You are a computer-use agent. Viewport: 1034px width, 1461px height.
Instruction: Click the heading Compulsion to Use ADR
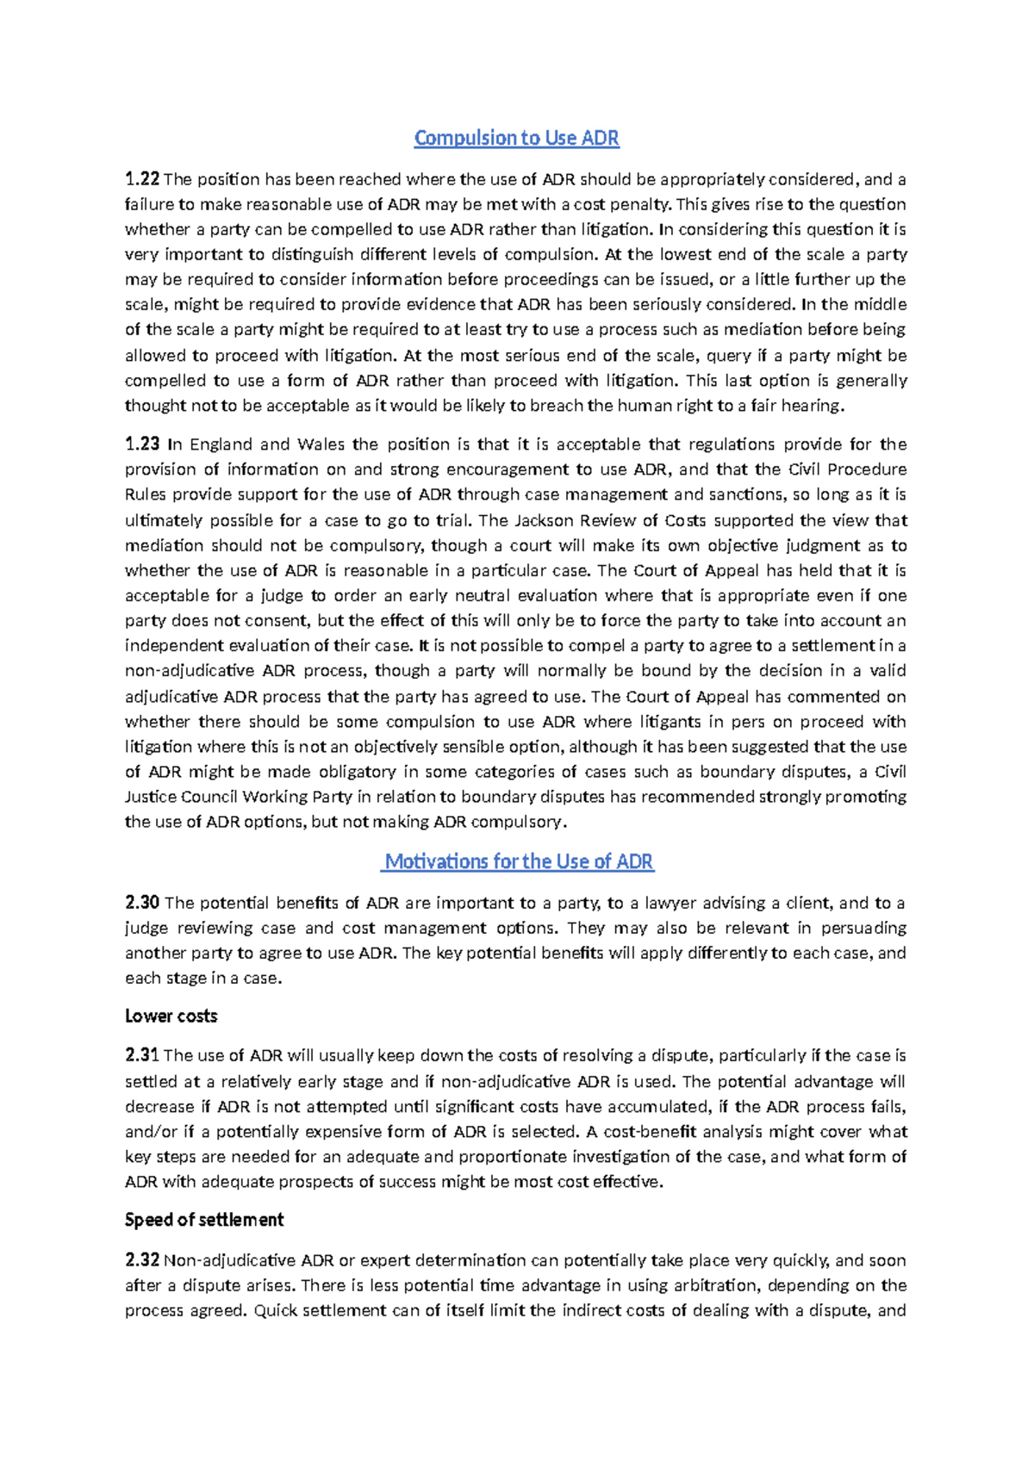516,138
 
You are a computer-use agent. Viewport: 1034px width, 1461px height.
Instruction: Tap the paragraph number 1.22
142,179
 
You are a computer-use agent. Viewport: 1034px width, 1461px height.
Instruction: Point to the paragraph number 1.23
142,445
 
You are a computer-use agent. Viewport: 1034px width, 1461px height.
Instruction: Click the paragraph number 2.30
142,903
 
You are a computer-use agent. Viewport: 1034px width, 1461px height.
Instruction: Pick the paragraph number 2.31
142,1055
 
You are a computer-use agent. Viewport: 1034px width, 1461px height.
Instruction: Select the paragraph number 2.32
142,1260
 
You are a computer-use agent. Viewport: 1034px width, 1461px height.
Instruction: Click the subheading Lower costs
171,1016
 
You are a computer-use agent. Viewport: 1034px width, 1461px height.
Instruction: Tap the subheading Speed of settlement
204,1220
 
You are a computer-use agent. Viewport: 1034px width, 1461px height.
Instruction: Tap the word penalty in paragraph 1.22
640,205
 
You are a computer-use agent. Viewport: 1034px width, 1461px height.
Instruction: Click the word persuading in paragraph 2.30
863,928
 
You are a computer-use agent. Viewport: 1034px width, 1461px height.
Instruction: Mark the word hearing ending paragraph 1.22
813,406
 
